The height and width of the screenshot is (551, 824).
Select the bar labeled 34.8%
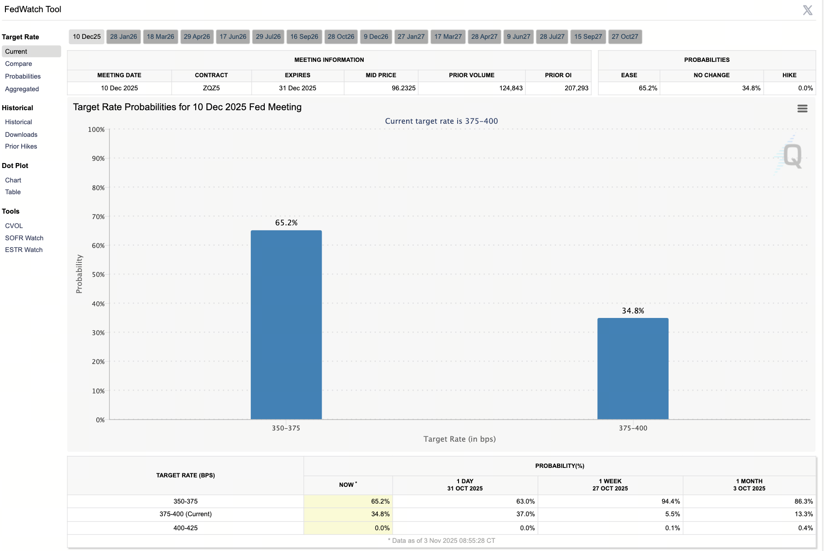click(x=632, y=368)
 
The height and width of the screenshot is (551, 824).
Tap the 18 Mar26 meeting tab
click(x=160, y=37)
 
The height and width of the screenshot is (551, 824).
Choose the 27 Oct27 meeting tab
click(x=625, y=37)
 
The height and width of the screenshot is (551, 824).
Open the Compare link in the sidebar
click(x=19, y=64)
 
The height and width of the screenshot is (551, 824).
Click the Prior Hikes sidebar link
click(x=21, y=146)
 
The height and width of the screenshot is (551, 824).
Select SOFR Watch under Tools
click(x=24, y=238)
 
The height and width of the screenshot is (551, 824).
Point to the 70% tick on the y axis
click(x=98, y=217)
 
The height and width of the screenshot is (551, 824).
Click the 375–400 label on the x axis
click(x=632, y=428)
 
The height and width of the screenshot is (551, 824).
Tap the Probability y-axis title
click(x=80, y=274)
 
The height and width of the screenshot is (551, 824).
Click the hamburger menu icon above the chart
click(x=802, y=108)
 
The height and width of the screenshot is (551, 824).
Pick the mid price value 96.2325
click(x=403, y=88)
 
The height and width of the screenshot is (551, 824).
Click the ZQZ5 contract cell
click(x=211, y=88)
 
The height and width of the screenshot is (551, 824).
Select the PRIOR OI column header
click(x=558, y=75)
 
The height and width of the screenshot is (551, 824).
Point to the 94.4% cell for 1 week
click(x=670, y=501)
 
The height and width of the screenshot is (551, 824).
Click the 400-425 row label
click(x=185, y=528)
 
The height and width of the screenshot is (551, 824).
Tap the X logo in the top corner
click(x=807, y=10)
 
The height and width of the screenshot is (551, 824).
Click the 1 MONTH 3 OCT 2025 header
click(x=749, y=485)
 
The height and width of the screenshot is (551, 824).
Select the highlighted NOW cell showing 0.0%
click(x=382, y=528)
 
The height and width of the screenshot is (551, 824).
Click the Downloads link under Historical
click(x=21, y=135)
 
